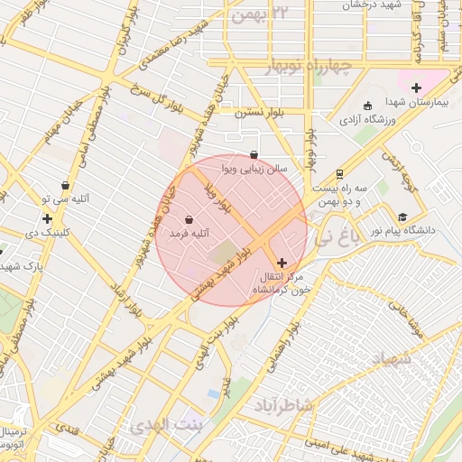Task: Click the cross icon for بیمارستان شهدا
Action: [416, 88]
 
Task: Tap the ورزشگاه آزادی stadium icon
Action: [367, 106]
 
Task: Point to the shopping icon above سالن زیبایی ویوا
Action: [254, 155]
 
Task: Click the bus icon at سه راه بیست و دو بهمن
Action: [338, 174]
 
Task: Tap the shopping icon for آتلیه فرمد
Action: [189, 219]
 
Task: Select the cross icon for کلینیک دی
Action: [47, 218]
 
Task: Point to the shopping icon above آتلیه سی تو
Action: [65, 185]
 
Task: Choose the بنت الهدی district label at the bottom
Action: [167, 422]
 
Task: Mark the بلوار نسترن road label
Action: [261, 114]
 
